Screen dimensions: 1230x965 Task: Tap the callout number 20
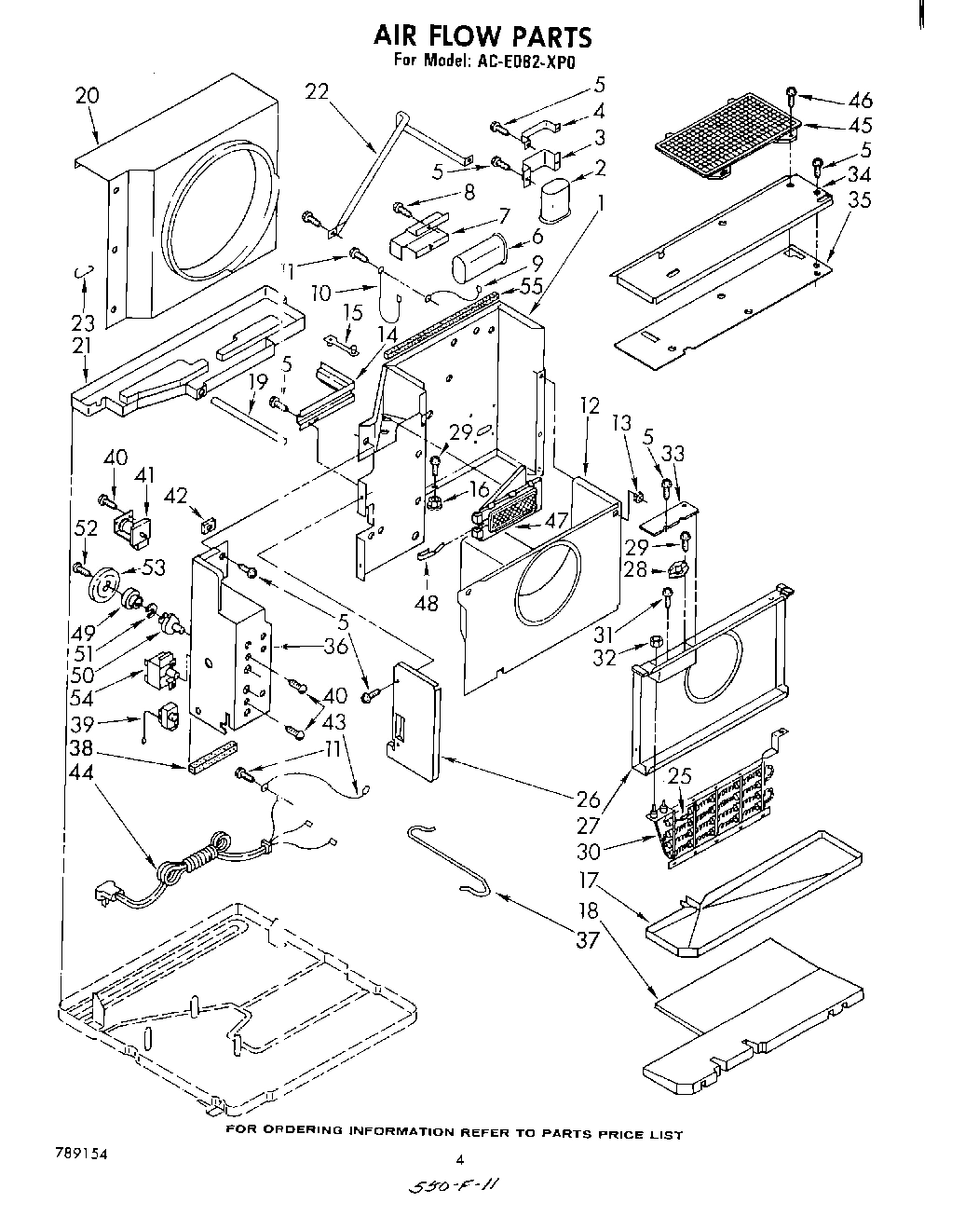click(87, 95)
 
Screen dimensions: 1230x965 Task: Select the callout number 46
click(861, 100)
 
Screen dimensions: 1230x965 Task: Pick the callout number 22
click(318, 90)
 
